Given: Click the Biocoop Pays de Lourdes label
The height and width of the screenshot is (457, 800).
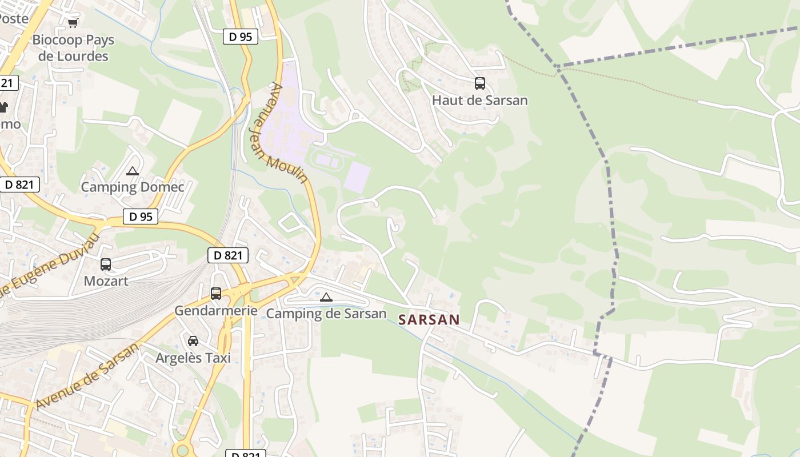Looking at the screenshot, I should [73, 48].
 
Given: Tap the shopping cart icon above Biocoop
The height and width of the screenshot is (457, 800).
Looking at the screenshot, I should [73, 23].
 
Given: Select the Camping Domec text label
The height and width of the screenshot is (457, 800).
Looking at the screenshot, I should [133, 187].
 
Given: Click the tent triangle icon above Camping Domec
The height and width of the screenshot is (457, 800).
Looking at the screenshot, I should [133, 171].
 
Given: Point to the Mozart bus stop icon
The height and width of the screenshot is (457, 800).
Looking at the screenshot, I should [106, 264].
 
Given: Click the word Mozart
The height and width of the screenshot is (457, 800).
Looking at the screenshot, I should [106, 281].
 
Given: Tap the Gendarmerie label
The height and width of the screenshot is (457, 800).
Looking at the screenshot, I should [216, 311].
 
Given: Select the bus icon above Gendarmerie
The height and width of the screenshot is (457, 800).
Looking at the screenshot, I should [216, 294].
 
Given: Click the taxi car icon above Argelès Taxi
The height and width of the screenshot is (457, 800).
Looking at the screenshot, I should [193, 341].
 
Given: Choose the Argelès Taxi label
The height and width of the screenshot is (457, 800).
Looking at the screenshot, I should [193, 358].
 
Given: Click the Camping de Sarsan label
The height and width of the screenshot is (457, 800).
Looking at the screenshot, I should [326, 314].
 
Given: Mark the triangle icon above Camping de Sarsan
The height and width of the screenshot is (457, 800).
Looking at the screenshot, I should [326, 297].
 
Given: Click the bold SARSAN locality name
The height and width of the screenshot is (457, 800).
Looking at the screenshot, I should [429, 319].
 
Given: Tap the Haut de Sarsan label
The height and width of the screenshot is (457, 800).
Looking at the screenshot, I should [480, 101].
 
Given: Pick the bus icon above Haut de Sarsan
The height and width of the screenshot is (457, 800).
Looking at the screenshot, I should [480, 83].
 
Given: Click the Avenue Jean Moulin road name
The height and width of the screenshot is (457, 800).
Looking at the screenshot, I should [279, 133].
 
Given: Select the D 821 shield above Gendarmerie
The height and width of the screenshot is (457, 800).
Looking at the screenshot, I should [228, 255].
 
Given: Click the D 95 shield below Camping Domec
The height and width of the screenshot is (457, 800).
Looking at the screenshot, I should [140, 217].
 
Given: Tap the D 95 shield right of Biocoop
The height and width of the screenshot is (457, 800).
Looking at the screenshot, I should [240, 37].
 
